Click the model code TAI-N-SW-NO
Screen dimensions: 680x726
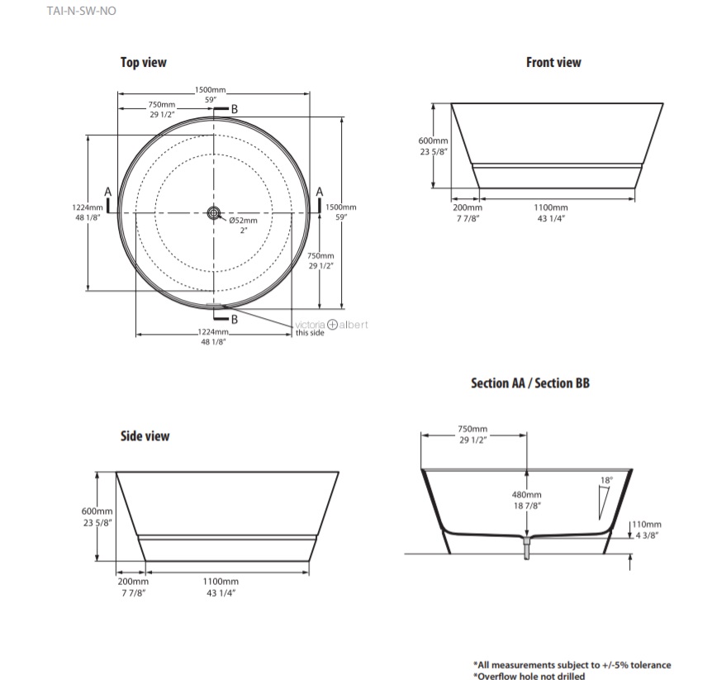[x=76, y=12]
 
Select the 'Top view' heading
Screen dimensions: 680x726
[x=143, y=62]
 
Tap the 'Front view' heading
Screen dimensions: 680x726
[x=553, y=62]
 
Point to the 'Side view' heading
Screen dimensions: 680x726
[x=145, y=435]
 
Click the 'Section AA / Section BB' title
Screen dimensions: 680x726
[x=530, y=383]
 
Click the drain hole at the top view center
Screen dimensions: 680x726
[x=214, y=213]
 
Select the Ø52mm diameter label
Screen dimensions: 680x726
[x=244, y=221]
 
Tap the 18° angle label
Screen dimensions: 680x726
[x=607, y=480]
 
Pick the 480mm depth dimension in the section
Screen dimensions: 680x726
[x=526, y=494]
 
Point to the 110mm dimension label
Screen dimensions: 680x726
[x=648, y=525]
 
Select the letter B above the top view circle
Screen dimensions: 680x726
[x=234, y=109]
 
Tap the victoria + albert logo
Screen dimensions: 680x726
[x=332, y=325]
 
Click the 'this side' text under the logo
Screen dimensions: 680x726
[x=310, y=334]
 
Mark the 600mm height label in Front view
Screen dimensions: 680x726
[x=434, y=141]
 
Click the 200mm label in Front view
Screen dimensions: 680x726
[x=467, y=207]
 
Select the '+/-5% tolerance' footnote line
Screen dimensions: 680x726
[x=572, y=664]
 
